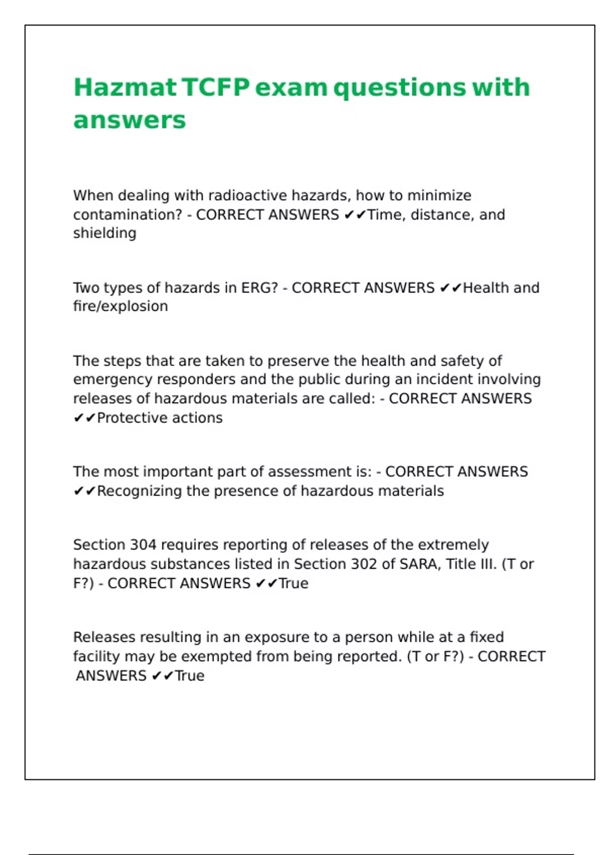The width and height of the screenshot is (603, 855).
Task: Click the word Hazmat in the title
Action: tap(125, 88)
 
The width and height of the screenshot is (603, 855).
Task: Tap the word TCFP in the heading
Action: tap(216, 88)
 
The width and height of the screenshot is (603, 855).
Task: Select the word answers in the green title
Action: tap(130, 120)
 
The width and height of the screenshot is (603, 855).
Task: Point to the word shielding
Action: tap(105, 233)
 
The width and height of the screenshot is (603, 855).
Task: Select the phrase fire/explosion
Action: tap(121, 306)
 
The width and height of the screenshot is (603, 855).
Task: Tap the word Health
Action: tap(486, 288)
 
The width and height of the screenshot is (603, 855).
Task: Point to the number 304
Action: tap(143, 545)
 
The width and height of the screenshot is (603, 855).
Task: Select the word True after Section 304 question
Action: tap(293, 583)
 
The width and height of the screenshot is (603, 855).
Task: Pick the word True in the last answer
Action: tap(189, 676)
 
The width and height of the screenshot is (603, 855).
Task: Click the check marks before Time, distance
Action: tap(355, 215)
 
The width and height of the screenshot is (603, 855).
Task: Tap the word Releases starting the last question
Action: tap(104, 637)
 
